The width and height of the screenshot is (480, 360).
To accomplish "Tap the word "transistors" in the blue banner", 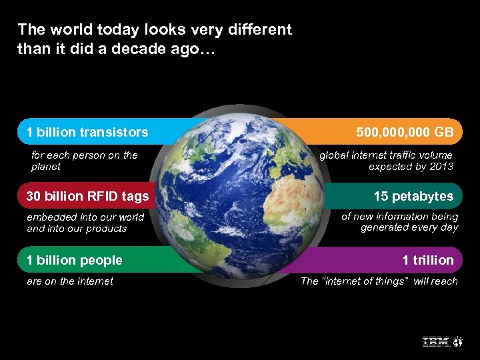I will tap(114, 132).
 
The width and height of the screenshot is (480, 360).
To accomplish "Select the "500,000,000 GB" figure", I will tap(405, 132).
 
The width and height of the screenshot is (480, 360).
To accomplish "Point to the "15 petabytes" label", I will tap(413, 196).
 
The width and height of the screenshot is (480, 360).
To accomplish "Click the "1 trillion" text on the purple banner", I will tap(427, 260).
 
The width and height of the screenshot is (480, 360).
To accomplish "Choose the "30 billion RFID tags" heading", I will tap(87, 196).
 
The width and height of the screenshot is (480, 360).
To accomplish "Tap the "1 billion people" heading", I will tap(74, 260).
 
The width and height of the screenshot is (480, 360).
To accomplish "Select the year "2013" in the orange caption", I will tap(440, 167).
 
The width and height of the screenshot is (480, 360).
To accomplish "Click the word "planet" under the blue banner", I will tap(46, 167).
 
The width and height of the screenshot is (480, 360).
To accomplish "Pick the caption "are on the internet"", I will tap(70, 281).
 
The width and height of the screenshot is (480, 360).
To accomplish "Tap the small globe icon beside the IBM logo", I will tap(459, 342).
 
